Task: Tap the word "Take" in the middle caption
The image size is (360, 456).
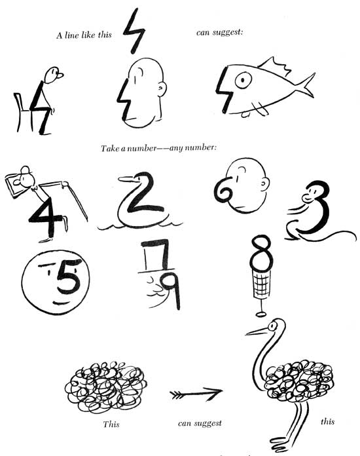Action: click(109, 149)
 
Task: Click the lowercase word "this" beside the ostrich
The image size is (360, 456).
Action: click(327, 421)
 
